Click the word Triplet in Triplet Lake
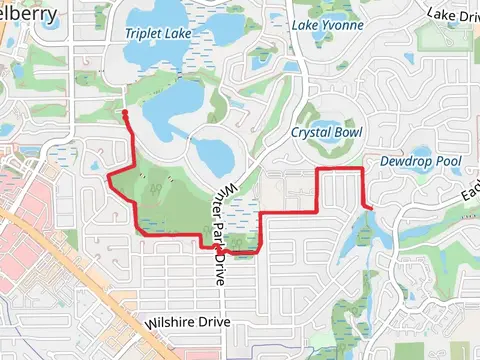[x=142, y=33]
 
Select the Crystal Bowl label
[x=326, y=132]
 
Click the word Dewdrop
[x=404, y=160]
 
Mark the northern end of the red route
[x=125, y=114]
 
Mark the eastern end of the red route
[x=371, y=207]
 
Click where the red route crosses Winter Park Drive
[x=214, y=245]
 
